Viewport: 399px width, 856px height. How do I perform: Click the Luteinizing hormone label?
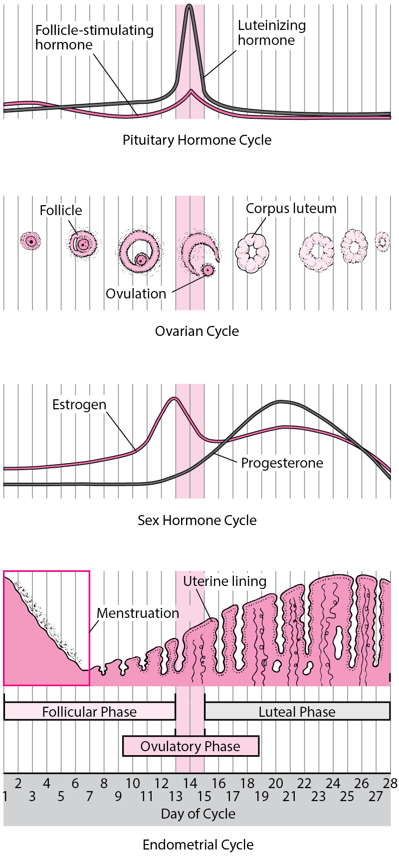[x=271, y=33]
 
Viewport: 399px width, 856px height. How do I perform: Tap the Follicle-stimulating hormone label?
[x=94, y=37]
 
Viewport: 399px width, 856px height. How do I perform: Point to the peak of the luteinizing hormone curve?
[x=189, y=7]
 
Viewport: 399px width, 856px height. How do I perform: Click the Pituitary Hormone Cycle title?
[x=197, y=140]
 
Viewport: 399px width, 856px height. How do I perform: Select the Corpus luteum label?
[x=291, y=209]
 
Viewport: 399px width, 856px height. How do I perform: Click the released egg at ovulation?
[x=207, y=271]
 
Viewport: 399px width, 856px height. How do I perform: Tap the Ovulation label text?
[x=136, y=293]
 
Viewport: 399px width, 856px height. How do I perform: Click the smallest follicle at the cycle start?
[x=31, y=241]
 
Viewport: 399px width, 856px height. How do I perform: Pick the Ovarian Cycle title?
[x=197, y=331]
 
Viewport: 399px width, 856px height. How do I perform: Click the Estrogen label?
[x=79, y=404]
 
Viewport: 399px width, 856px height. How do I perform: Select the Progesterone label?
[x=282, y=463]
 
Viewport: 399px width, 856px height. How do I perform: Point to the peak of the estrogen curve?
[x=174, y=399]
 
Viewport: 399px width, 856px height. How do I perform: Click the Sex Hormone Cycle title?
[x=197, y=521]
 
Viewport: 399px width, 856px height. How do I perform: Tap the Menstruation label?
[x=138, y=613]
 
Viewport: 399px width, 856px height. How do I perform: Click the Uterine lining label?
[x=224, y=581]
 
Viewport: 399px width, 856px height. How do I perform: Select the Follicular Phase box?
[x=89, y=712]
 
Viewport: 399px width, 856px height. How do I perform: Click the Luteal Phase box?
[x=297, y=712]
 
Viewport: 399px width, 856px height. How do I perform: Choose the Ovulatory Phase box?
[x=191, y=746]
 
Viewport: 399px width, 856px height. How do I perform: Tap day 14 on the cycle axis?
[x=190, y=783]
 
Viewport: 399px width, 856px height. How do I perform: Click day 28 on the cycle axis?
[x=391, y=783]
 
